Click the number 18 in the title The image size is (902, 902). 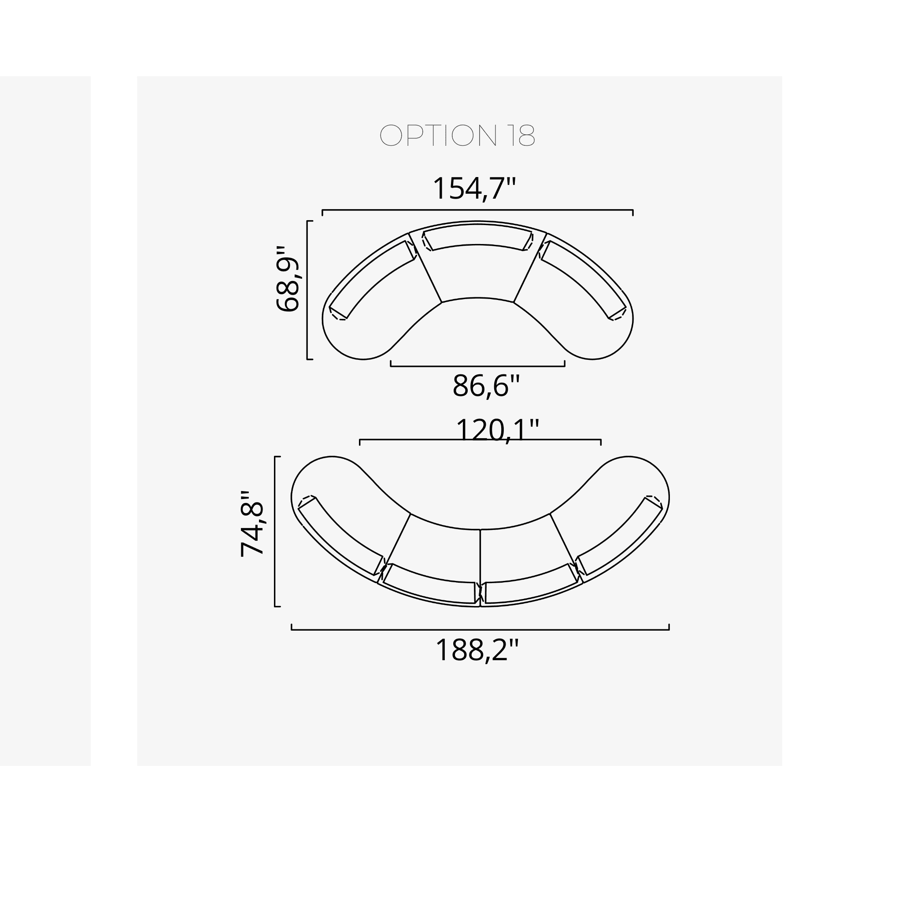coord(521,136)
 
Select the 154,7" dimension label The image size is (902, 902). coord(474,189)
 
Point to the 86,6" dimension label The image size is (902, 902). coord(485,386)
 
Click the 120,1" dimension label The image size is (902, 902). coord(497,429)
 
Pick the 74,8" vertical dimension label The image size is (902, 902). coord(252,524)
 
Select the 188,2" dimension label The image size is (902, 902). coord(477,650)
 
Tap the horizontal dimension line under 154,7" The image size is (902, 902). coord(477,210)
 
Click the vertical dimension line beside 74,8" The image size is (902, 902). coord(275,531)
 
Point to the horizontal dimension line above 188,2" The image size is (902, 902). coord(480,630)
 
